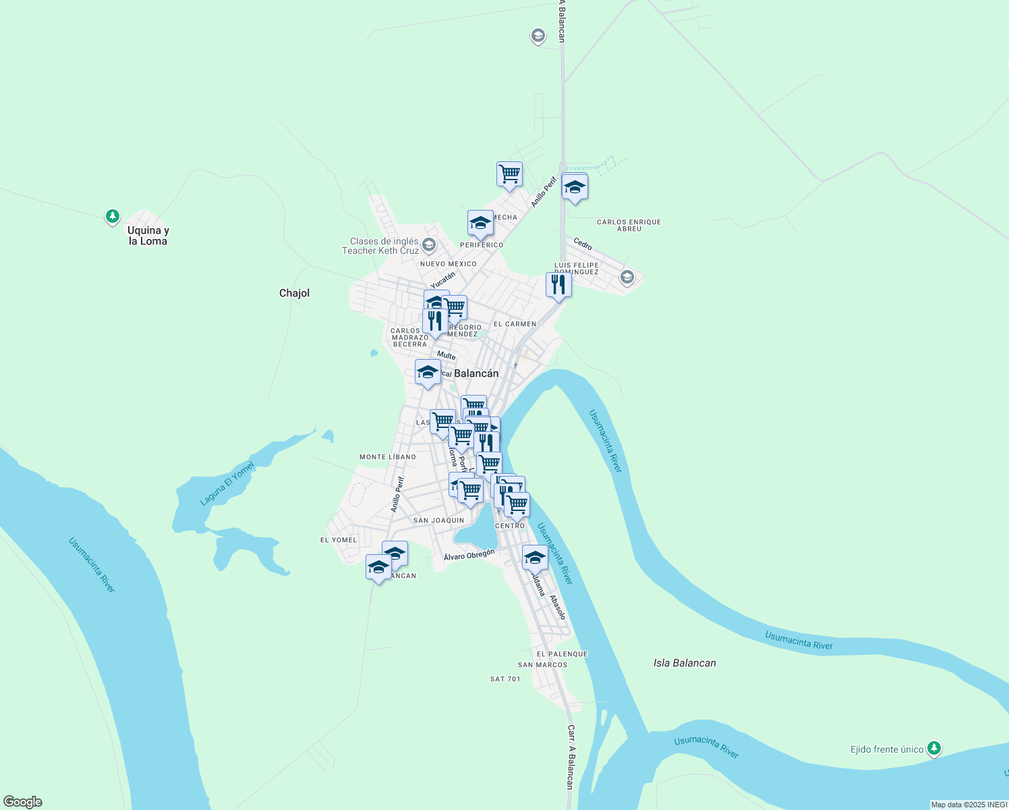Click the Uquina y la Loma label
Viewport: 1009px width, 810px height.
point(148,236)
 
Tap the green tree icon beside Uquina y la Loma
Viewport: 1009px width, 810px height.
point(113,217)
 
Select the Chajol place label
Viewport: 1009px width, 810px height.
point(294,293)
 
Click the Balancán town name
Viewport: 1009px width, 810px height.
point(476,373)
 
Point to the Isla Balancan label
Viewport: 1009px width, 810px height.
point(685,663)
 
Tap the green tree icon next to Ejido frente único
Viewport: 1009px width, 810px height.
point(933,748)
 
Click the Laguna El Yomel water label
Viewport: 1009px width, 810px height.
point(228,483)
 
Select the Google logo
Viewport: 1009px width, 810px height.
point(23,802)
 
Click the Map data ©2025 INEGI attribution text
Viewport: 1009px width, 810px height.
point(969,805)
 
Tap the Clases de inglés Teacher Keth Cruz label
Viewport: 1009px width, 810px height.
point(380,246)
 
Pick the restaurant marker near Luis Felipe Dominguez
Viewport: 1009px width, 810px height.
point(558,285)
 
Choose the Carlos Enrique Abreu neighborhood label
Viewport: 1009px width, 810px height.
point(629,225)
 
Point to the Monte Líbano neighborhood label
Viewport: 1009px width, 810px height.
point(388,457)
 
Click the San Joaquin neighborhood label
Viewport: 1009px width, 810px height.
point(438,520)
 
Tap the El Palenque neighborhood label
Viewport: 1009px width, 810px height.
point(562,654)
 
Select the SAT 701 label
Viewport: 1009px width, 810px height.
point(505,679)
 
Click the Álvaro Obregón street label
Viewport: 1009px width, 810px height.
point(469,555)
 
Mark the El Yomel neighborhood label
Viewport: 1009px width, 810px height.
point(339,540)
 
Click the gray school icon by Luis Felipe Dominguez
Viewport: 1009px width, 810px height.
point(627,277)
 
